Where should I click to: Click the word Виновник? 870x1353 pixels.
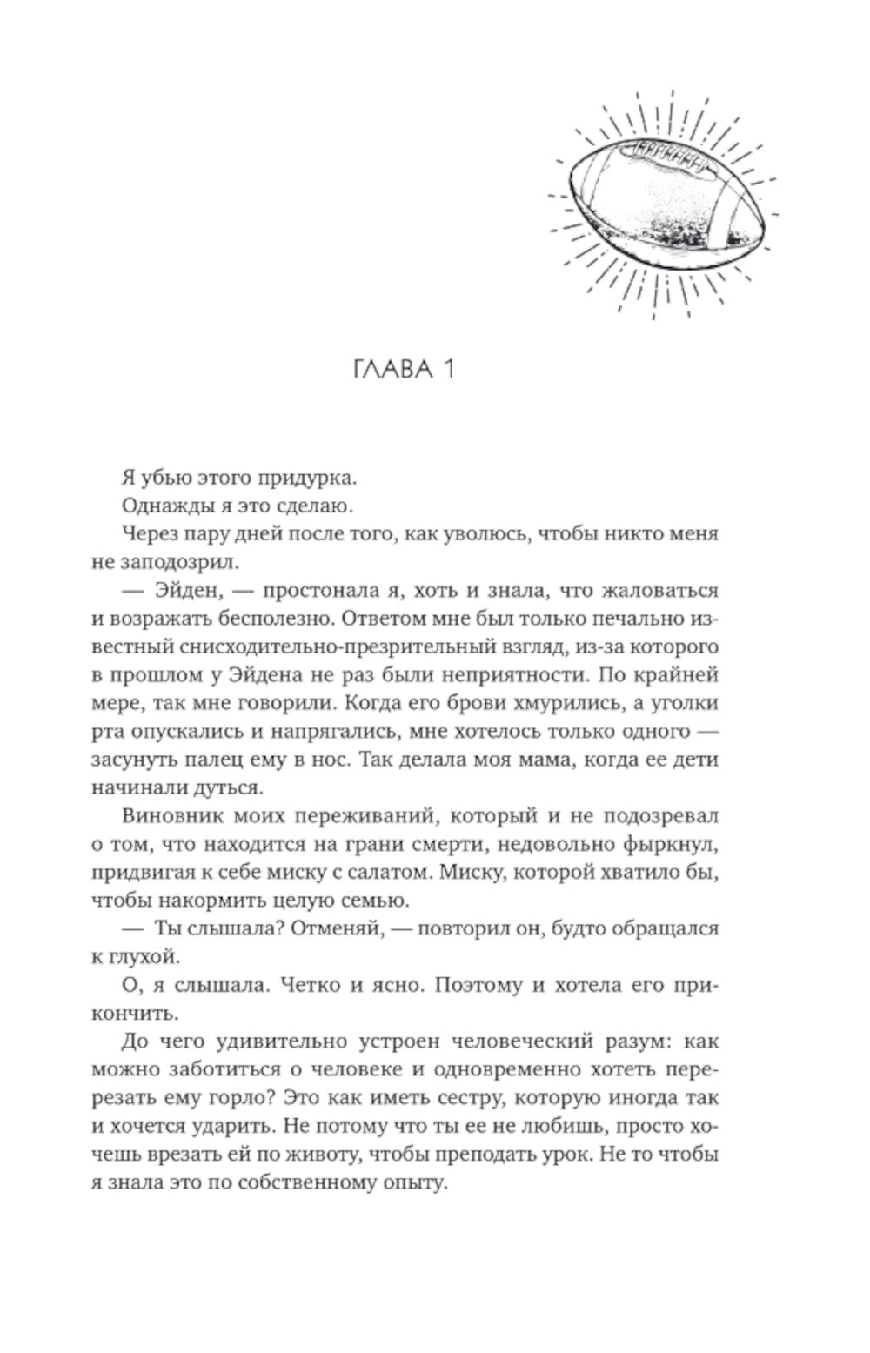[x=164, y=816]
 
